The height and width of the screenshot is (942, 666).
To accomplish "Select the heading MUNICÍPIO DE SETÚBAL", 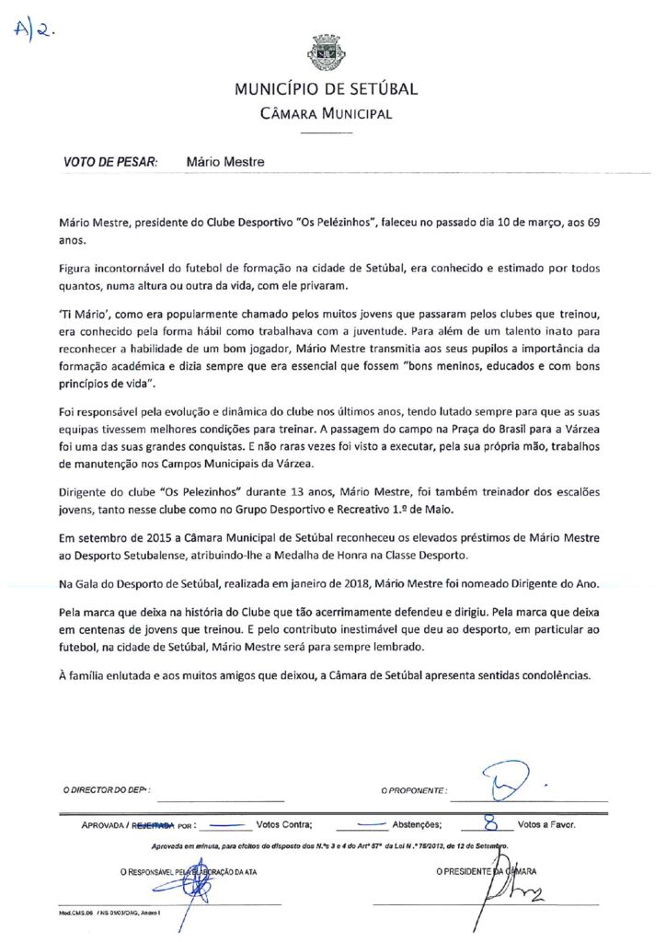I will (327, 89).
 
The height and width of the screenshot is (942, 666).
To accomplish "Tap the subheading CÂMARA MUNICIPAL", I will (327, 114).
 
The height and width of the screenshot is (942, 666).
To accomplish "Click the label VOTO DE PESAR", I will (110, 161).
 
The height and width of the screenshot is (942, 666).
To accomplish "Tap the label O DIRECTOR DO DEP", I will (106, 789).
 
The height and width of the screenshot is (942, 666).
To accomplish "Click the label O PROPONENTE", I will (414, 789).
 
